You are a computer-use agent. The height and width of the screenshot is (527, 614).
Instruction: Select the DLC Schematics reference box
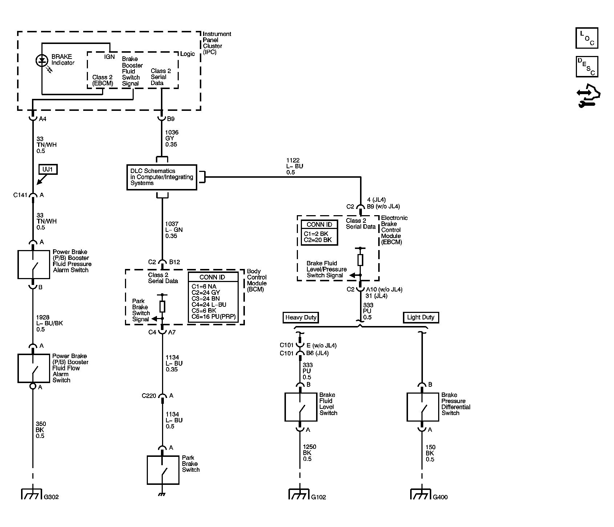(162, 177)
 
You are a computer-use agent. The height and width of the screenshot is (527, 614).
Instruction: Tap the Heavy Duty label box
(301, 317)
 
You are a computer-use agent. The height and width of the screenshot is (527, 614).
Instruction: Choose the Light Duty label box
(421, 317)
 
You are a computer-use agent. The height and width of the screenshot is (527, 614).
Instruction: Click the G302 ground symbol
(33, 494)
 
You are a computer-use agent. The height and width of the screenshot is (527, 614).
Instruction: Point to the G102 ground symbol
(300, 494)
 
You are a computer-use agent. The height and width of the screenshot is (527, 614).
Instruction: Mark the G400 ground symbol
(421, 494)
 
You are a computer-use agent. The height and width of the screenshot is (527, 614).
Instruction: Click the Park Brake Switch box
(163, 470)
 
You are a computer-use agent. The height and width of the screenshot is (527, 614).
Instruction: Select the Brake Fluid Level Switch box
(300, 407)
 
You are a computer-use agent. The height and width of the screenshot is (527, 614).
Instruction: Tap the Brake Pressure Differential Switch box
(423, 407)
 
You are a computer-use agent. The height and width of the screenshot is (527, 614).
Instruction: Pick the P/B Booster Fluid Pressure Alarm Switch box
(33, 264)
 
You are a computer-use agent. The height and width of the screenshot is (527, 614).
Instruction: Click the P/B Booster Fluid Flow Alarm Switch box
(33, 368)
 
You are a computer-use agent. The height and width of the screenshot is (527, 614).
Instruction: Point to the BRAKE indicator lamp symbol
(42, 60)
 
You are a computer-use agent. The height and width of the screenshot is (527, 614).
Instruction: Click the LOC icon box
(587, 38)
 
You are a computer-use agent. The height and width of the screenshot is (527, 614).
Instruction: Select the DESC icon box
(587, 67)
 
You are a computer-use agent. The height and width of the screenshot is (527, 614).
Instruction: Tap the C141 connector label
(20, 195)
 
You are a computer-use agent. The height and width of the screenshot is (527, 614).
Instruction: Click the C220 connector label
(149, 396)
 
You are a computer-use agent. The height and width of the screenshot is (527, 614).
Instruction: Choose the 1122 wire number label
(293, 160)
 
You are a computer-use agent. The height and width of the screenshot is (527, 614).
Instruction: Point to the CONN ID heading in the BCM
(212, 277)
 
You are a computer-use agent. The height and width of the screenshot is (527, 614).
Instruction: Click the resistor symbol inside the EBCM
(360, 260)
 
